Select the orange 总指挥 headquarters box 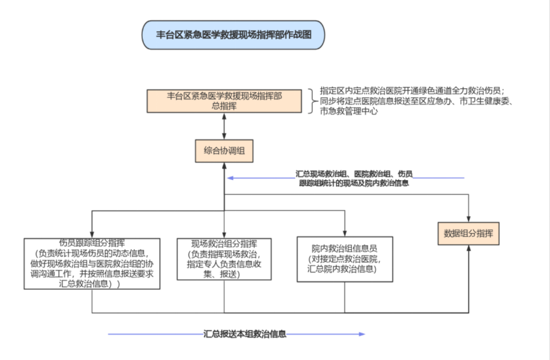224,101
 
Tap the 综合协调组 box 224,151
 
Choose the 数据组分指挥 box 469,233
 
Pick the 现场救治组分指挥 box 224,260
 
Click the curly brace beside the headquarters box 311,101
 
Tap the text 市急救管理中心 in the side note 349,112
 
